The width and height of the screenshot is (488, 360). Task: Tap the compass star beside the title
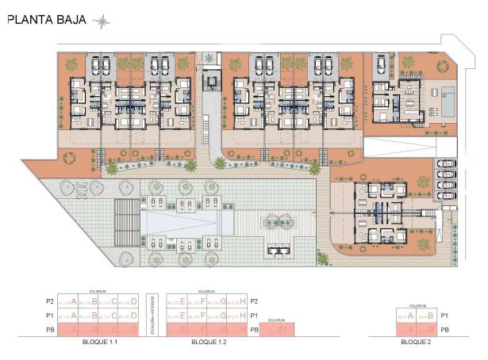click(x=102, y=21)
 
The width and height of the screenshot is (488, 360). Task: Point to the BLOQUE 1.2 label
click(x=209, y=344)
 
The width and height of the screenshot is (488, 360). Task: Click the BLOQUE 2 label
click(x=416, y=344)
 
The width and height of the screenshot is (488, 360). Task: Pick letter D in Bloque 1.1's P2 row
click(x=134, y=301)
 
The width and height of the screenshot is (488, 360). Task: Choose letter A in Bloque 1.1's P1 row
click(x=74, y=315)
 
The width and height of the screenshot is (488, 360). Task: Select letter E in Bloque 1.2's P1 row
click(x=183, y=315)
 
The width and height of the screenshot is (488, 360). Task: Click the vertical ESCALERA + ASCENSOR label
click(x=157, y=315)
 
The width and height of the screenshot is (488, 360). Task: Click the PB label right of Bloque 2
click(x=446, y=328)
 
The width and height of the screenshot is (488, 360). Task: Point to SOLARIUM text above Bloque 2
click(x=416, y=304)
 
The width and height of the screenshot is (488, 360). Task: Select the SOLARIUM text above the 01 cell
click(x=275, y=320)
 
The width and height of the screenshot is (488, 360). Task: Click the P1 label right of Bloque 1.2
click(x=254, y=315)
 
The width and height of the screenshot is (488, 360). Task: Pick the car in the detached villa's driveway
click(x=381, y=63)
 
